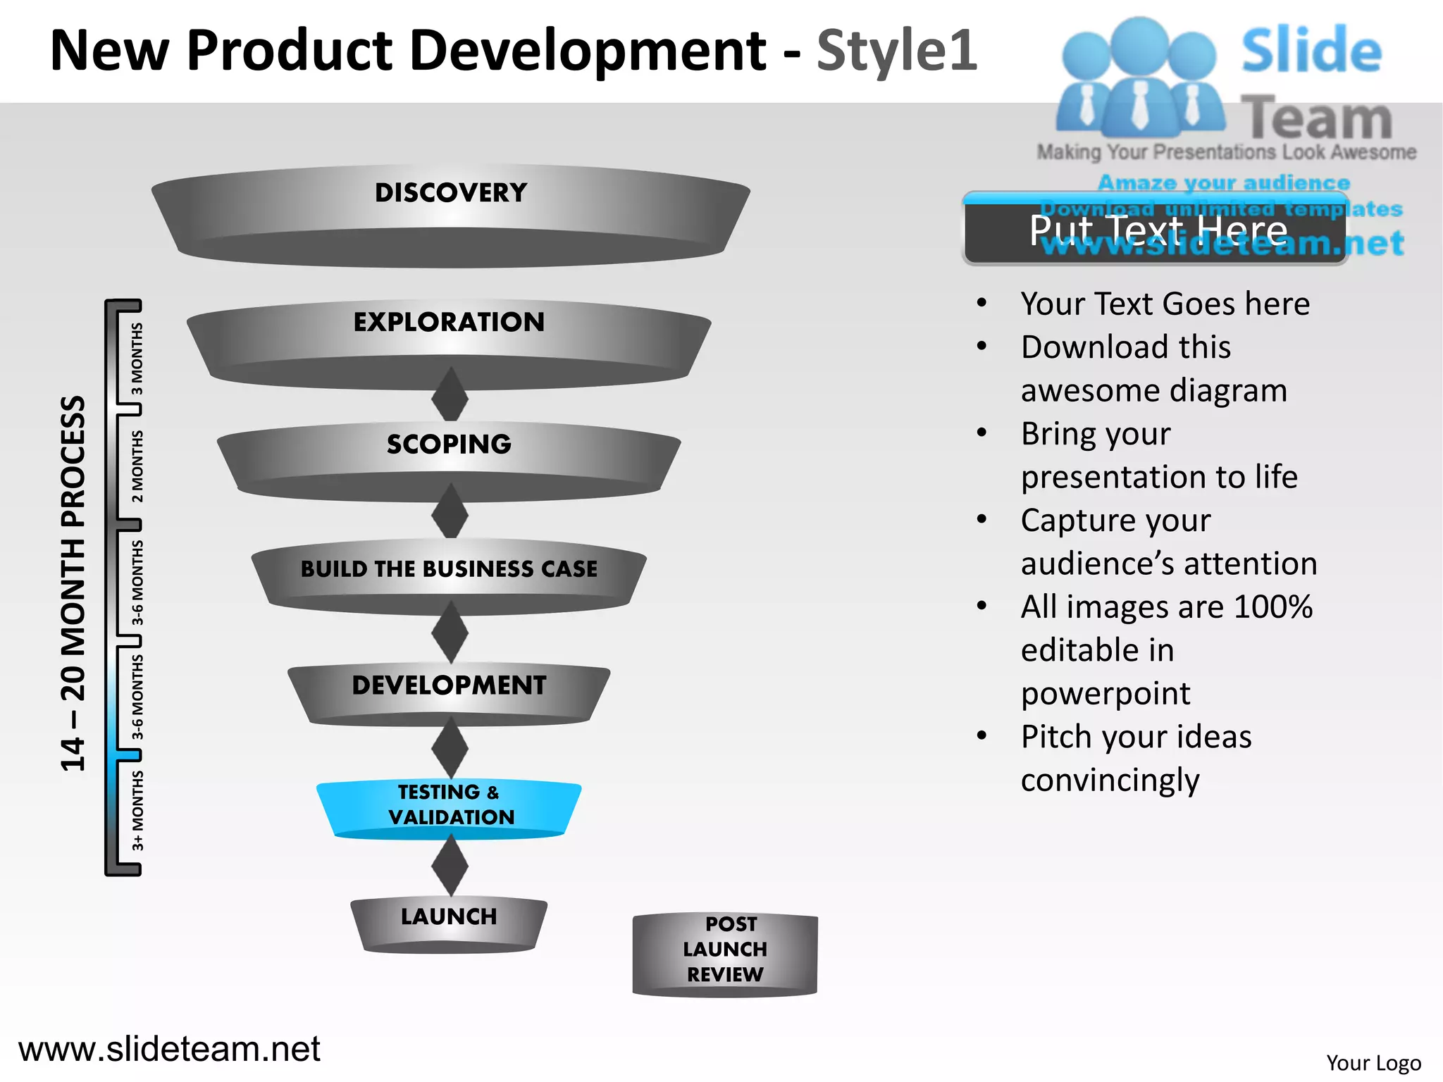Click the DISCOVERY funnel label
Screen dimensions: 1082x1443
coord(450,193)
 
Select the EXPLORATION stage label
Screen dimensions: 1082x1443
coord(449,322)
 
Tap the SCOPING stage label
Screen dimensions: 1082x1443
coord(449,444)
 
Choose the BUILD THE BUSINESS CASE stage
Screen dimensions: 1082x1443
coord(449,568)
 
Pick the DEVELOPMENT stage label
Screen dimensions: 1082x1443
coord(449,685)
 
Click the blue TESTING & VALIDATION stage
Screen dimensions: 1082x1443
coord(450,804)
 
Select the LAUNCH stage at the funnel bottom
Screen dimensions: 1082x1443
coord(449,916)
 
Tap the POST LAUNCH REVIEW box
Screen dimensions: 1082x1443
coord(726,949)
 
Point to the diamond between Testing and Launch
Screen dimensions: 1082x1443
coord(450,866)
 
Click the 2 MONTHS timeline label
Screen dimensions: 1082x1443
coord(137,466)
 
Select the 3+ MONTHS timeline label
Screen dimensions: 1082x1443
coord(137,810)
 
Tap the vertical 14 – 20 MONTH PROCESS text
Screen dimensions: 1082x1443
coord(73,583)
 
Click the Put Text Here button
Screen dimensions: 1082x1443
coord(1156,230)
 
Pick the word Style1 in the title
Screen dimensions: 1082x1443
coord(896,51)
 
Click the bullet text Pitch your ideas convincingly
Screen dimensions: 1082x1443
coord(1136,758)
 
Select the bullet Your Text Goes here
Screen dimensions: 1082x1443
coord(1165,304)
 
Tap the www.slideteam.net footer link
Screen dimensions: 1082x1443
coord(169,1048)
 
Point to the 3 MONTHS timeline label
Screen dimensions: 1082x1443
coord(137,359)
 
